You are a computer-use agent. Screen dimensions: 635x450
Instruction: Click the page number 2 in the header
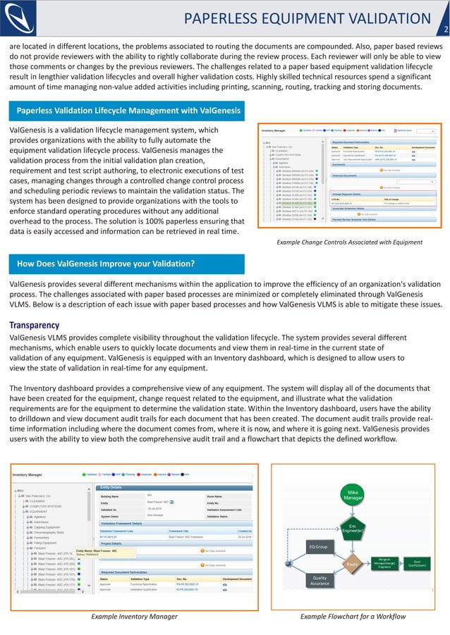coord(444,29)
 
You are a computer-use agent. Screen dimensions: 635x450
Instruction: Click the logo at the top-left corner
coord(14,16)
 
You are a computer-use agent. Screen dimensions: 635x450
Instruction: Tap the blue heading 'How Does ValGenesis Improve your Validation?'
coord(106,264)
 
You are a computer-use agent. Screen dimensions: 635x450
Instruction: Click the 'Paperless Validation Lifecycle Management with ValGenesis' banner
coord(128,111)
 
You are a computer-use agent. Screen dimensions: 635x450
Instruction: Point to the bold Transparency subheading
coord(34,325)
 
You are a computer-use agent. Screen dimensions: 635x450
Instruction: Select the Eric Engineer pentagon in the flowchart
coord(352,529)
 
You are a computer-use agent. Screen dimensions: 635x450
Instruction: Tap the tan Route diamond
coord(352,565)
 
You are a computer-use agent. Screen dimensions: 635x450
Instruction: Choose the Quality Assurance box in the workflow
coord(319,580)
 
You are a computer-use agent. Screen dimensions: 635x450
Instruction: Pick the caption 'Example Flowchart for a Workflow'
coord(353,617)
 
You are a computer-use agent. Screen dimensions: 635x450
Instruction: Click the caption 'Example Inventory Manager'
coord(134,617)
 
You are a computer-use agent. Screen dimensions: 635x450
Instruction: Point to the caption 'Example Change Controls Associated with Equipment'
coord(350,242)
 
